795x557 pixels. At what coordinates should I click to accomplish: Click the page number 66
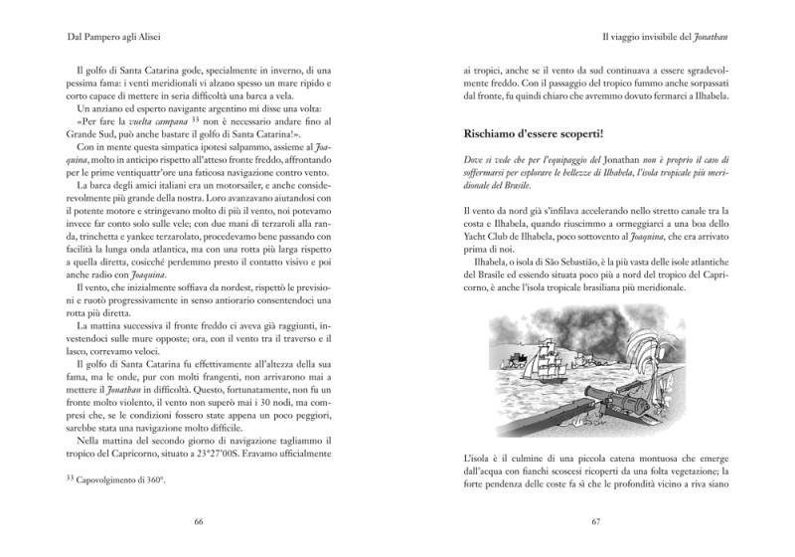(x=199, y=520)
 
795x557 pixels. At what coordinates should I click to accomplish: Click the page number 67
(x=596, y=520)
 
